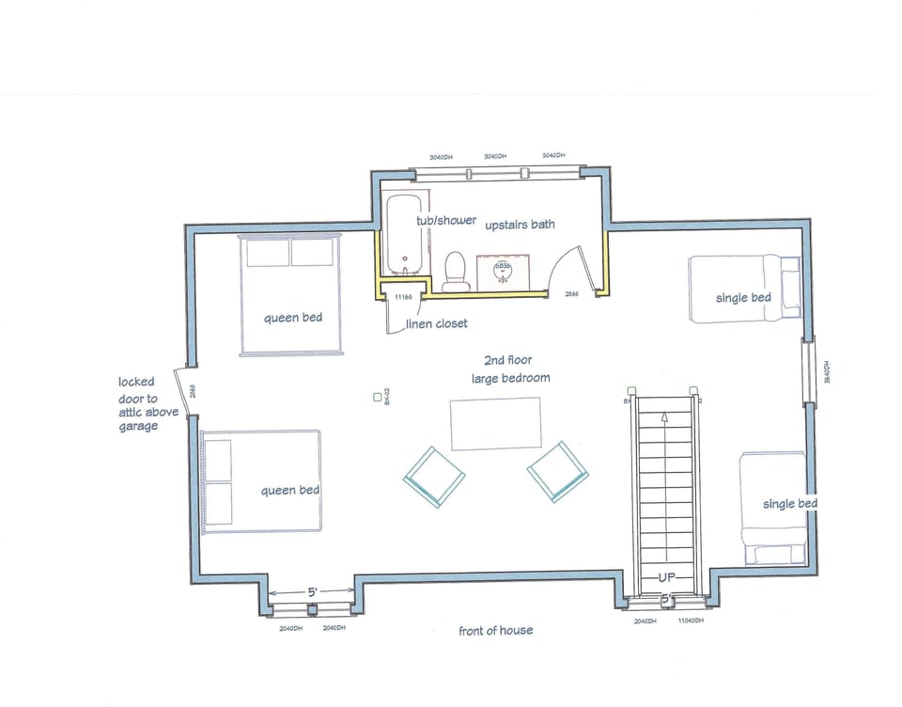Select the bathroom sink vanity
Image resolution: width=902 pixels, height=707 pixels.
(x=504, y=271)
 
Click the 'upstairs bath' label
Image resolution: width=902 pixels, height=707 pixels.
(x=520, y=225)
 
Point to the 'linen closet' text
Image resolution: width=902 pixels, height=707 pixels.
(x=436, y=323)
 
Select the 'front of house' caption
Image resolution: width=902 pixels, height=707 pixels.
(x=495, y=630)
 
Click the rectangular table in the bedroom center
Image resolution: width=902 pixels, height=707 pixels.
(x=496, y=424)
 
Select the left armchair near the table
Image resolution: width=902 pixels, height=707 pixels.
(x=434, y=477)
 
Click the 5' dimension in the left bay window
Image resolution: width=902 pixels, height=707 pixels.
(x=311, y=592)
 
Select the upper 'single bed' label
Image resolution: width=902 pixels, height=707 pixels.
(x=743, y=298)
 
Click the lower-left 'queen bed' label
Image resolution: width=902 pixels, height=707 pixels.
(x=290, y=490)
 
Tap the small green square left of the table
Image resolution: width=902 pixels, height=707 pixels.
(x=376, y=397)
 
